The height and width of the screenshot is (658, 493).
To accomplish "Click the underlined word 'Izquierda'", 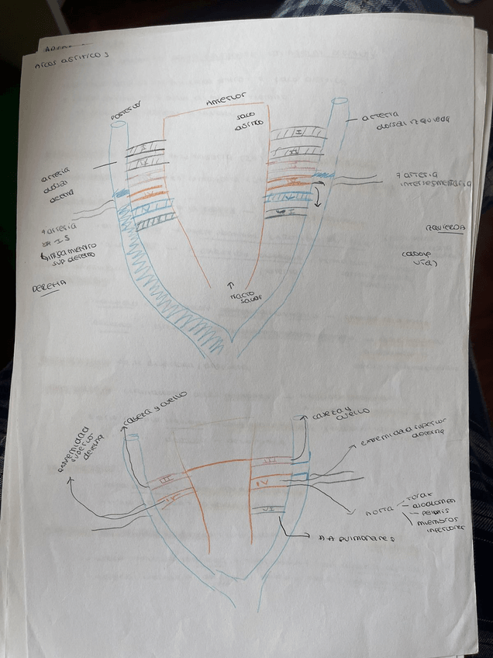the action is tap(444, 227).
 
